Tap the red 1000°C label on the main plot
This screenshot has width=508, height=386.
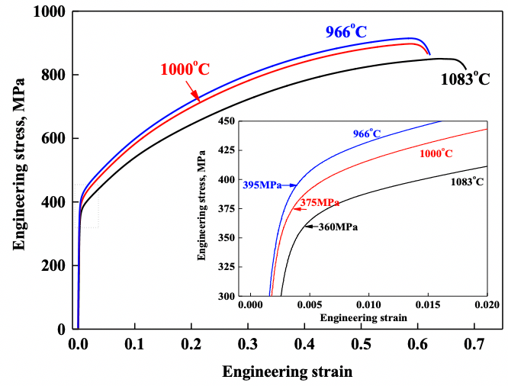(x=185, y=69)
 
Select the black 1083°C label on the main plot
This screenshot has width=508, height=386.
(x=465, y=79)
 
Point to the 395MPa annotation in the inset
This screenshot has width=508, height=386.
(x=262, y=185)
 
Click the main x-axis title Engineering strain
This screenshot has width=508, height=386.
(x=288, y=372)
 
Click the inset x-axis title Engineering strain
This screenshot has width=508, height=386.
(x=362, y=316)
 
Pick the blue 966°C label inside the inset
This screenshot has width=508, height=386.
(x=366, y=133)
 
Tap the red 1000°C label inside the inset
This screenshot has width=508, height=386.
(x=436, y=153)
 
